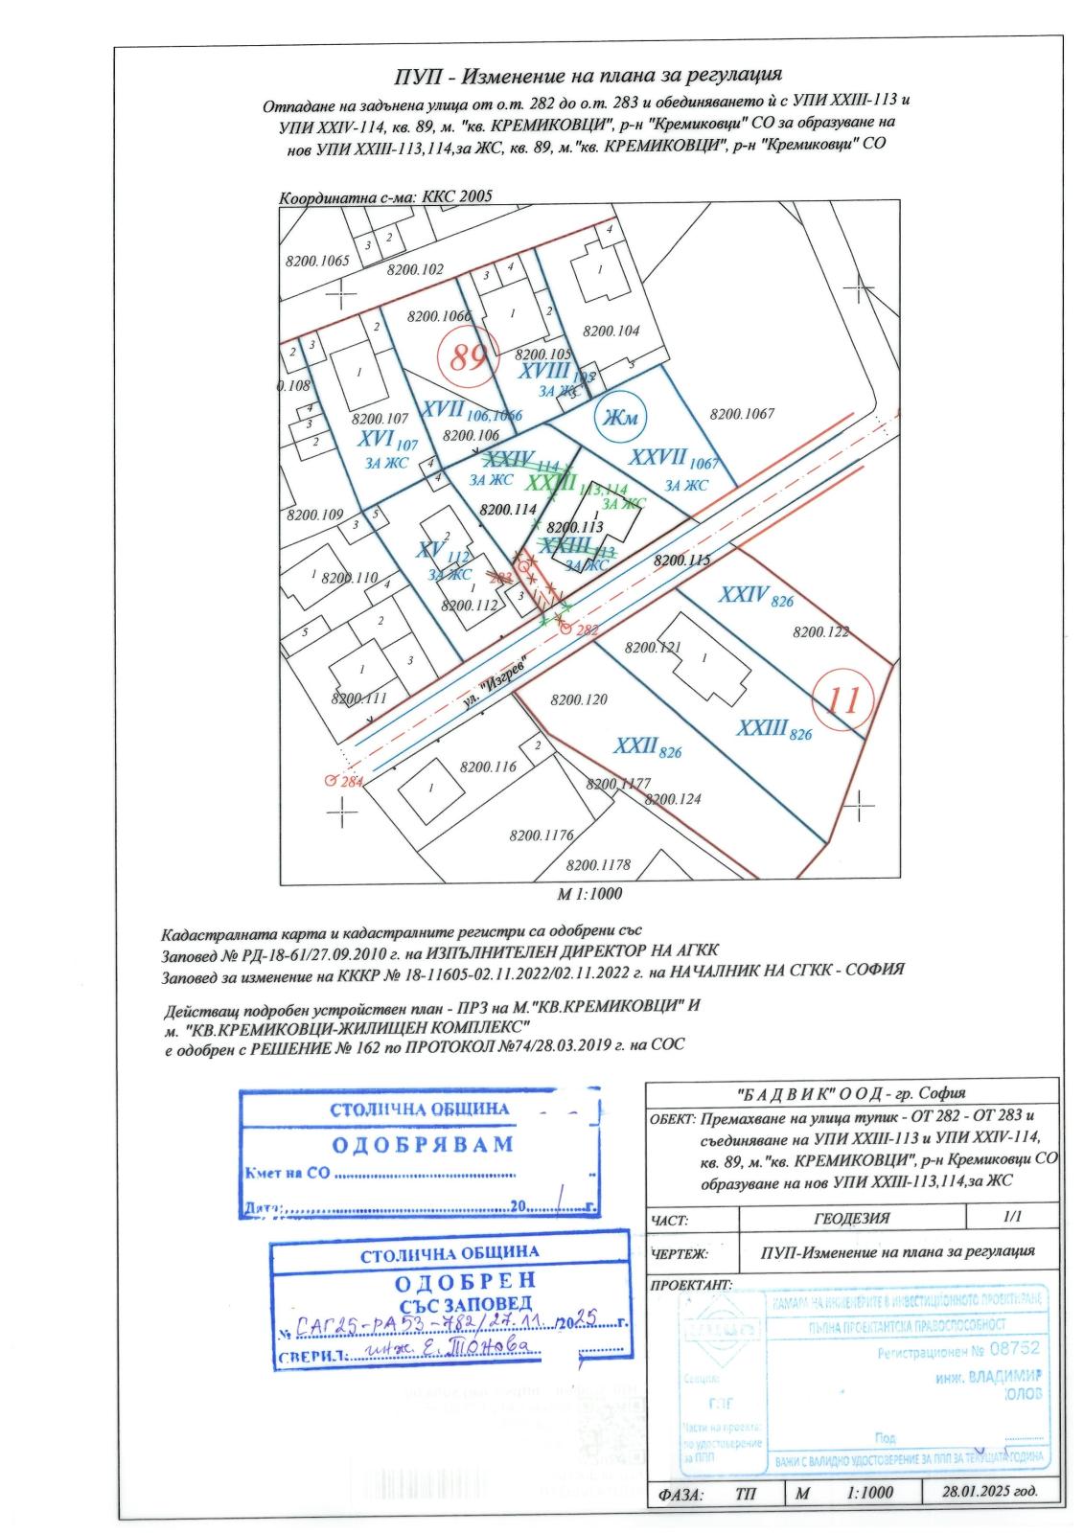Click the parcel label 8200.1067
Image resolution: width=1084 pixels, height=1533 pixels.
[x=741, y=414]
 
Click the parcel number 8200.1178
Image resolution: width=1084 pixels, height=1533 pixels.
[x=598, y=864]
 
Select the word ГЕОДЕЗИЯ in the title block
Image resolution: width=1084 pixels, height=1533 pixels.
[x=851, y=1219]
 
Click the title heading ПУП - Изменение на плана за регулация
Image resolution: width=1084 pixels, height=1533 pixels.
[x=589, y=75]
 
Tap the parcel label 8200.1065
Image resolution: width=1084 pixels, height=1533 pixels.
[x=318, y=261]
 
